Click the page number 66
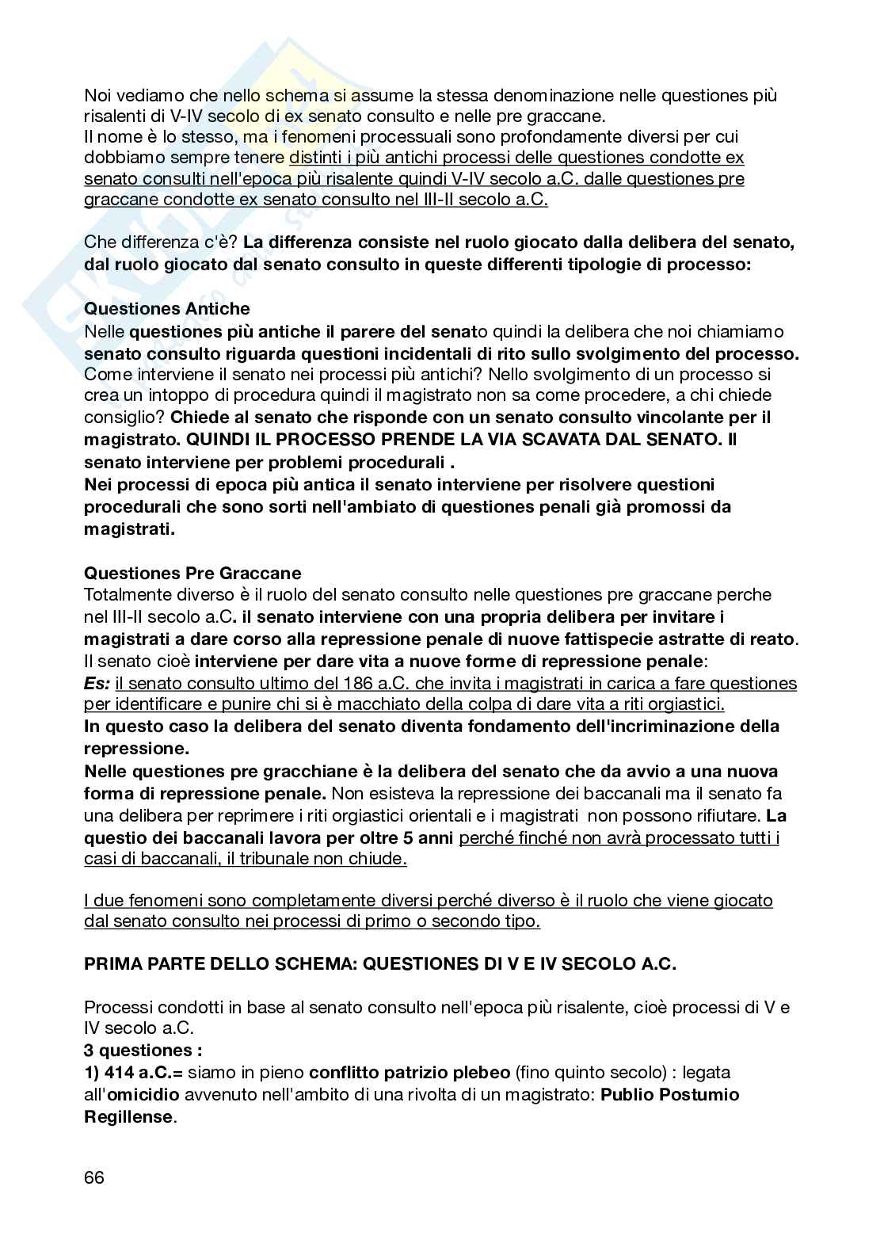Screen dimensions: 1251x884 (x=94, y=1177)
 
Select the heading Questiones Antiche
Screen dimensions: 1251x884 (x=166, y=309)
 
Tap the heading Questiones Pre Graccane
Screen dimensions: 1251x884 (x=192, y=573)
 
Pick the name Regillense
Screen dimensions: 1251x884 (x=128, y=1117)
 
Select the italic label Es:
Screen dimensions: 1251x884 (x=97, y=683)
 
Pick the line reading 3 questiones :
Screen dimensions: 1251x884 (x=143, y=1051)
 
